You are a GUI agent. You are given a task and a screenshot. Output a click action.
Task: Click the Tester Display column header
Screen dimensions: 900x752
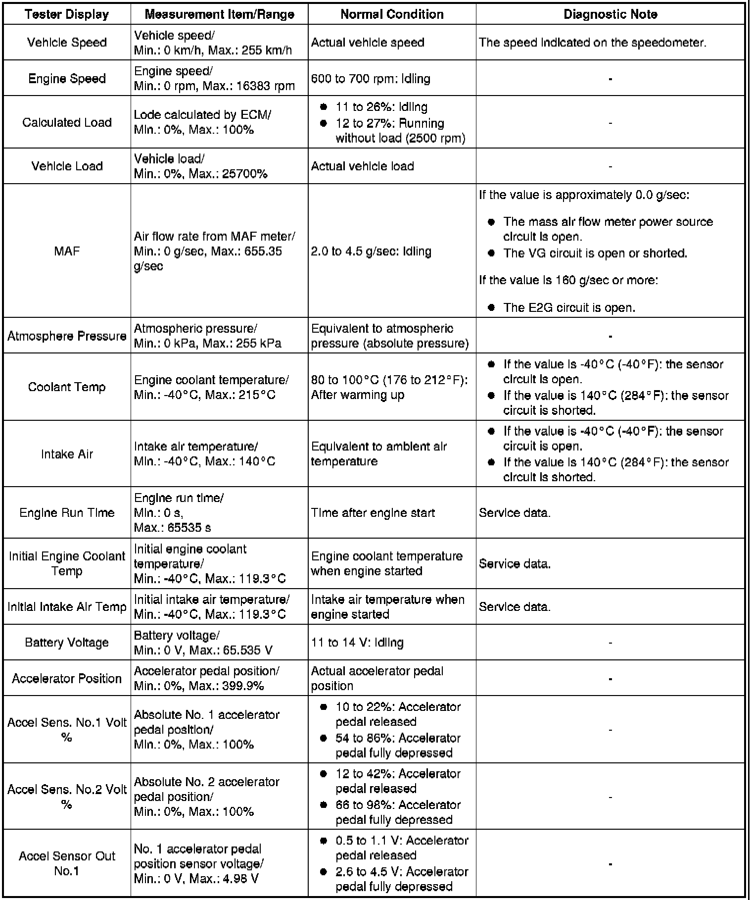pyautogui.click(x=67, y=14)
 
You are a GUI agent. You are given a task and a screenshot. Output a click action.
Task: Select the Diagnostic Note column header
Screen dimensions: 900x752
pyautogui.click(x=610, y=14)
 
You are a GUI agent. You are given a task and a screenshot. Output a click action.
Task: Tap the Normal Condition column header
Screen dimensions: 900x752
pyautogui.click(x=392, y=14)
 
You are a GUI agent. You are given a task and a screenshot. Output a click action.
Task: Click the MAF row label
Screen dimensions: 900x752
pyautogui.click(x=67, y=251)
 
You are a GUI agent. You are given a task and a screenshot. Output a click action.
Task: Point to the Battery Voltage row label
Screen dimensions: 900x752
pyautogui.click(x=67, y=643)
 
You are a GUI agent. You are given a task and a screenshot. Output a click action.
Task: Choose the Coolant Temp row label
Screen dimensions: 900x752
pyautogui.click(x=67, y=387)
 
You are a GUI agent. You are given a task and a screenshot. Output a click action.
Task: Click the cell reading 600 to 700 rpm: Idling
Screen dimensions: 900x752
pyautogui.click(x=371, y=79)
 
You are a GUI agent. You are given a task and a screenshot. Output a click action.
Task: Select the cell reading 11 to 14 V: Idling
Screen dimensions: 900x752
pyautogui.click(x=357, y=643)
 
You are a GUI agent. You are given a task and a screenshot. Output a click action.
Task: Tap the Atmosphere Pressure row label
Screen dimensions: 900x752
pyautogui.click(x=67, y=336)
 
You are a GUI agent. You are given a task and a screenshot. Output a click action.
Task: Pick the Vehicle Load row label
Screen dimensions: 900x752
pyautogui.click(x=67, y=166)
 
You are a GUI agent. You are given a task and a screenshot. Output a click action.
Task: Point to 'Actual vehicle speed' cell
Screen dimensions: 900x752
pyautogui.click(x=368, y=43)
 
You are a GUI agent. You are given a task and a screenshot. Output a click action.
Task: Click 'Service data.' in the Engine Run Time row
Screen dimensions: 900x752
pyautogui.click(x=515, y=513)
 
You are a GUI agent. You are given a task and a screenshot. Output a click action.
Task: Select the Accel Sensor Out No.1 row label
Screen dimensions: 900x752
pyautogui.click(x=67, y=863)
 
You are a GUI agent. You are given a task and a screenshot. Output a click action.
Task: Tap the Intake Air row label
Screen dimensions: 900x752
pyautogui.click(x=67, y=454)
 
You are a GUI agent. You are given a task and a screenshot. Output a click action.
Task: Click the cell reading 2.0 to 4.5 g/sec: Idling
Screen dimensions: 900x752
pyautogui.click(x=371, y=251)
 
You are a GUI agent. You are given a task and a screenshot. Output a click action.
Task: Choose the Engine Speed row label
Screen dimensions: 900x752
pyautogui.click(x=67, y=79)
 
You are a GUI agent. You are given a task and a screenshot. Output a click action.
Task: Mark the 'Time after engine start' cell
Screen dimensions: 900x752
pyautogui.click(x=373, y=513)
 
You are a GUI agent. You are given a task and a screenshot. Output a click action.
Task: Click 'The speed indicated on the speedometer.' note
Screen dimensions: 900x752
pyautogui.click(x=592, y=43)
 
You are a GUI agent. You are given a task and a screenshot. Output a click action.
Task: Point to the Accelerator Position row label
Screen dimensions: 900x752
pyautogui.click(x=67, y=678)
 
